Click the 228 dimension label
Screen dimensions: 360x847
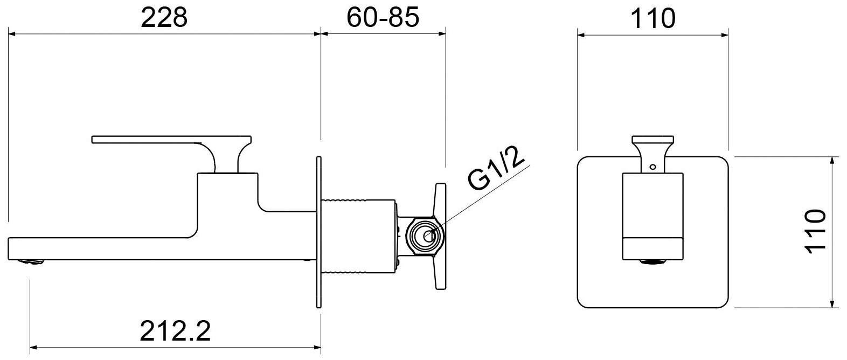point(164,17)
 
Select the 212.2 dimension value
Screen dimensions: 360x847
point(175,330)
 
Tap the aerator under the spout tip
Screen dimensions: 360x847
point(32,262)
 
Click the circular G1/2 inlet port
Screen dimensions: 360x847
point(429,236)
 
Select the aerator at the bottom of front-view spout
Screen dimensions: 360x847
point(653,262)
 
